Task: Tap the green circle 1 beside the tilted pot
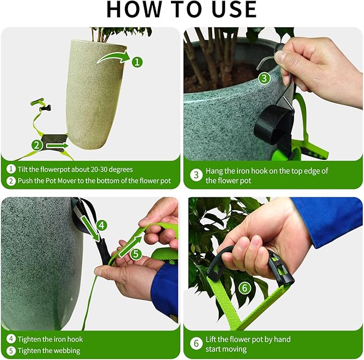click(137, 62)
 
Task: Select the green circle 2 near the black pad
click(37, 144)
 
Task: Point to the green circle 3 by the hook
click(264, 78)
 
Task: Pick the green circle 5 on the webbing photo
click(136, 254)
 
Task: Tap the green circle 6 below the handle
click(244, 289)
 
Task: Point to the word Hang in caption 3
click(215, 171)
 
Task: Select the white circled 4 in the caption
click(11, 339)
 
